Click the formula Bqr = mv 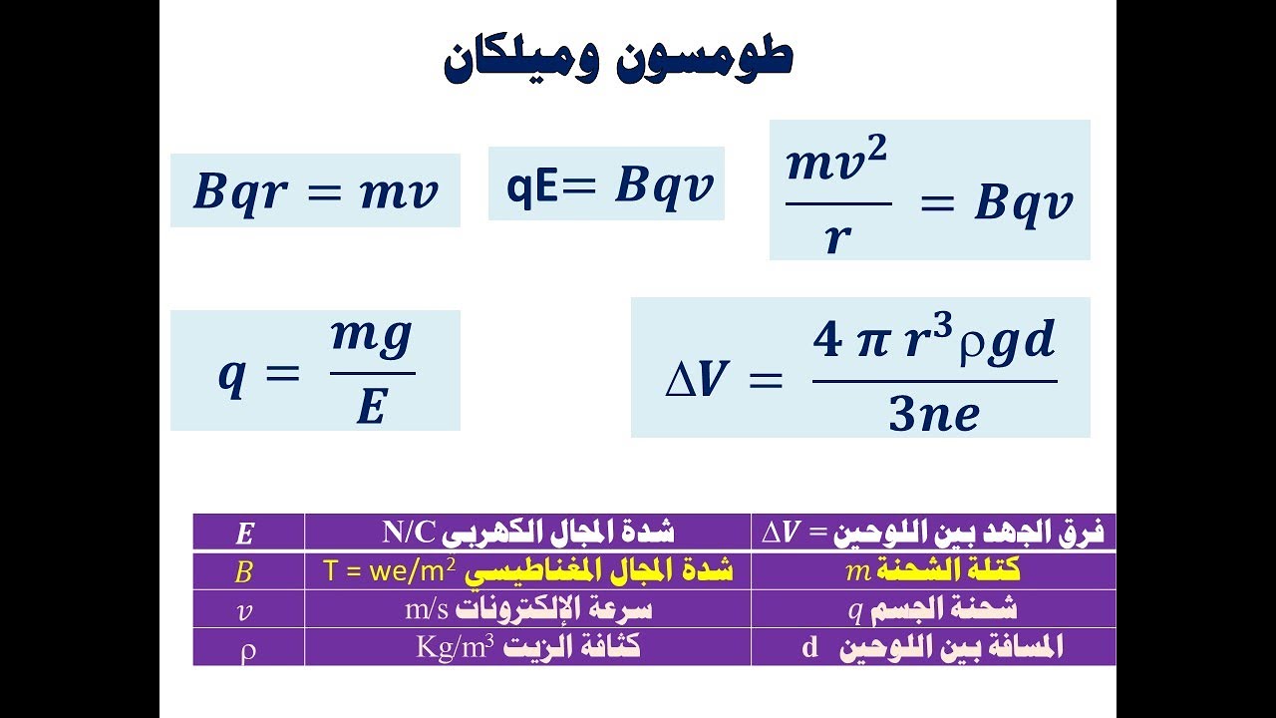pyautogui.click(x=315, y=190)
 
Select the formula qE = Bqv pyautogui.click(x=606, y=183)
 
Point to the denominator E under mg pyautogui.click(x=371, y=406)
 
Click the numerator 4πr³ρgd pyautogui.click(x=934, y=342)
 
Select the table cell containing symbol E pyautogui.click(x=245, y=533)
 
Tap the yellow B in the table pyautogui.click(x=244, y=571)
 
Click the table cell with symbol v pyautogui.click(x=245, y=610)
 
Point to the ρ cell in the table pyautogui.click(x=248, y=648)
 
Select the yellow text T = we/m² pyautogui.click(x=390, y=571)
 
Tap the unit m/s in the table pyautogui.click(x=427, y=609)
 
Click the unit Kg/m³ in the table pyautogui.click(x=456, y=647)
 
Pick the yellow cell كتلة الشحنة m pyautogui.click(x=932, y=570)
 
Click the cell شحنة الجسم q pyautogui.click(x=932, y=609)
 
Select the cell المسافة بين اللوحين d pyautogui.click(x=932, y=647)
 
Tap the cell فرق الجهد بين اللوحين pyautogui.click(x=932, y=532)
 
